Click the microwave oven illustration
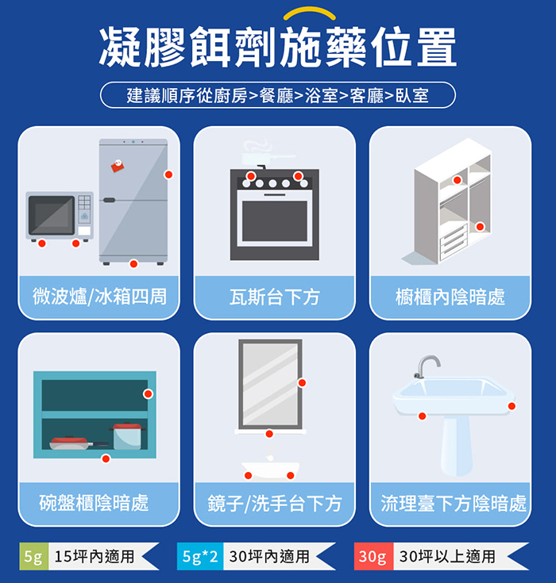coord(60,217)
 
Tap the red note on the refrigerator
coord(118,166)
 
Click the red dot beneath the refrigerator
coord(133,263)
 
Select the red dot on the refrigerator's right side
coord(168,175)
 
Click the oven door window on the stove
coord(275,221)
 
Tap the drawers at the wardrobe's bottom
coord(454,241)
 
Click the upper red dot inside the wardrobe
coord(457,180)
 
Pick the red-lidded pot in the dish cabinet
coord(127,435)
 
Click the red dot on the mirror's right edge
coord(302,382)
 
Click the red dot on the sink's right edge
coord(512,406)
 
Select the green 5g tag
coord(34,557)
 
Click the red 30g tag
coord(373,557)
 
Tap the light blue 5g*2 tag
coord(200,557)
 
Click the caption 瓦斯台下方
coord(275,297)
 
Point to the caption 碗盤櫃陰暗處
coord(95,503)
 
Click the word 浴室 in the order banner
coord(322,95)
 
